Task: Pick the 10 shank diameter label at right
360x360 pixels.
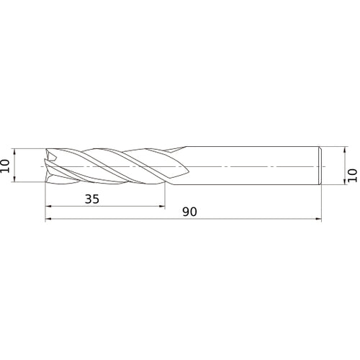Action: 352,174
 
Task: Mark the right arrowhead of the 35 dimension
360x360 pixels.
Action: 161,207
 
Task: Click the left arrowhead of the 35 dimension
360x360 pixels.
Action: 49,207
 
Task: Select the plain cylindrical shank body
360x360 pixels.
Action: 252,166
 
